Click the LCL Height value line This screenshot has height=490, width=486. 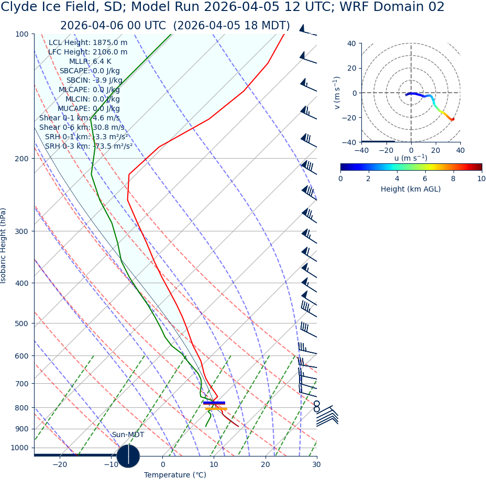click(88, 42)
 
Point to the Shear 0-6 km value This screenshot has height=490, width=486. click(82, 127)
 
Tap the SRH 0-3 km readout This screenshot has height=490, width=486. click(89, 146)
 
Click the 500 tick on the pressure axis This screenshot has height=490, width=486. click(21, 324)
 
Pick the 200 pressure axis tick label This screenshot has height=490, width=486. click(21, 158)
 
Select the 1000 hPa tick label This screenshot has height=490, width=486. click(19, 448)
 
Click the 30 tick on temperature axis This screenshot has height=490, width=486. click(316, 465)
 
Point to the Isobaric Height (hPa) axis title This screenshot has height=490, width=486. click(4, 246)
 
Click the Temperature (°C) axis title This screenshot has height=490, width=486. click(175, 475)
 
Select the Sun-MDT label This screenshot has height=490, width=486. click(128, 435)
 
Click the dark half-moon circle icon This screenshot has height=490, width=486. click(128, 455)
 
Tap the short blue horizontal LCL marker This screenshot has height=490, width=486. click(214, 403)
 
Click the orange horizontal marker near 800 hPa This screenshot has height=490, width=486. click(216, 408)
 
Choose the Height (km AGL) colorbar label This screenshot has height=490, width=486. click(411, 189)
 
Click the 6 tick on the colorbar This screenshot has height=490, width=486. click(425, 179)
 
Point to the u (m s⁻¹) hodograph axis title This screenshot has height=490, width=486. click(411, 158)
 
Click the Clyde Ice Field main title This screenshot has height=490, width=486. click(223, 7)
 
